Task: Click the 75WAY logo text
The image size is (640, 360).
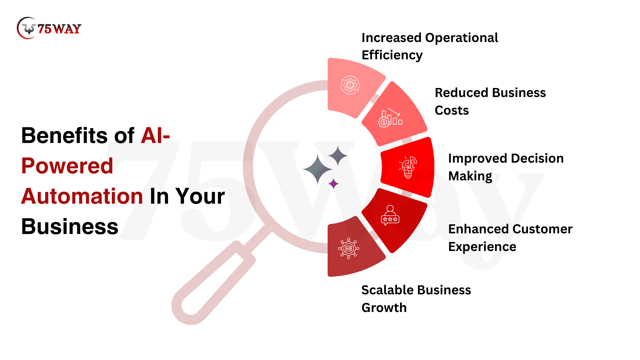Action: pos(59,29)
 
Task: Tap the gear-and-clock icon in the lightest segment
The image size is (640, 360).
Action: pos(350,85)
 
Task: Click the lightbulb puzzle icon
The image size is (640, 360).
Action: pos(408,167)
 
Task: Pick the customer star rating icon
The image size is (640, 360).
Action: pos(390,215)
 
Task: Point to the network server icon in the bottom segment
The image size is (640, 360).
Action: pos(349,248)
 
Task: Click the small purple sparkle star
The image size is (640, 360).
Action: pos(333,184)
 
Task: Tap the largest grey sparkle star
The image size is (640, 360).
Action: pos(318,169)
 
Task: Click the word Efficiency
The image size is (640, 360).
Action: pos(392,55)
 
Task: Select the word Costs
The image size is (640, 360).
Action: pos(452,110)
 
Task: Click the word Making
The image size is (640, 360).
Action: pos(470,176)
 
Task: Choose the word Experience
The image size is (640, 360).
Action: pos(482,247)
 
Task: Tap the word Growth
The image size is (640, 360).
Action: pos(384,308)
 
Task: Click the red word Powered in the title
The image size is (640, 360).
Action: pos(67,166)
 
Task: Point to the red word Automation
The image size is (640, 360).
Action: pos(82,196)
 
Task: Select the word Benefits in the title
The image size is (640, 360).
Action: pos(64,136)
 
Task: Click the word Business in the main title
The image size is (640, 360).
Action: pos(70,226)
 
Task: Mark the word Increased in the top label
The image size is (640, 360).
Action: pos(392,38)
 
